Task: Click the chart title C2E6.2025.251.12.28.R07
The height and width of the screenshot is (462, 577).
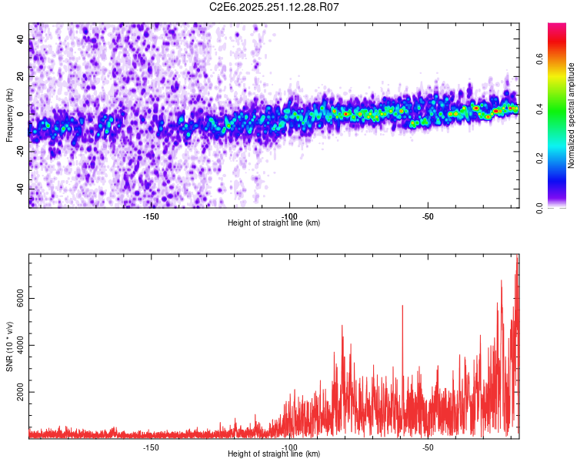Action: (x=275, y=7)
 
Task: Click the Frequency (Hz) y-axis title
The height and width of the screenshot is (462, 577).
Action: (x=9, y=115)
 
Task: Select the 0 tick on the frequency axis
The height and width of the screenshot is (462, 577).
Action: (x=22, y=114)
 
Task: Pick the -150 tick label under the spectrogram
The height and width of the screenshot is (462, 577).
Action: (x=151, y=216)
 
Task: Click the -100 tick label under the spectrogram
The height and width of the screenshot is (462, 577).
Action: (x=289, y=216)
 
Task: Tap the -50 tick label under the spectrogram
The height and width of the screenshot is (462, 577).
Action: (x=429, y=216)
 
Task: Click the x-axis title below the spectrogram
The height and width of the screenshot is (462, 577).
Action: (x=274, y=223)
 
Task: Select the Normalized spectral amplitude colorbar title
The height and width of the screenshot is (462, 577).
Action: (x=572, y=115)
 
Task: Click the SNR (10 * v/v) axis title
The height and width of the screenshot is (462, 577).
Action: (x=9, y=346)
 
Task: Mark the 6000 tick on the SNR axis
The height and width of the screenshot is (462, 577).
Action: (x=15, y=299)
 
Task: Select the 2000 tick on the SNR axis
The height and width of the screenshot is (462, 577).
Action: (x=15, y=392)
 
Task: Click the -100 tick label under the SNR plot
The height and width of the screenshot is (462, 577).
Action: (x=289, y=447)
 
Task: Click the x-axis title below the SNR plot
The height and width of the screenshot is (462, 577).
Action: (x=274, y=454)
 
